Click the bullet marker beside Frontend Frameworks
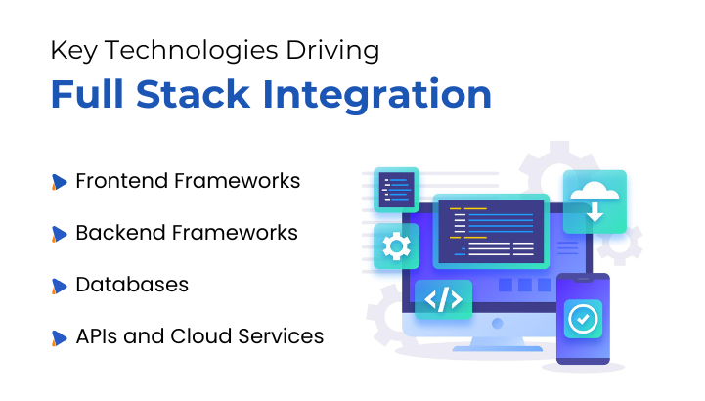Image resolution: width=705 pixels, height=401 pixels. [59, 182]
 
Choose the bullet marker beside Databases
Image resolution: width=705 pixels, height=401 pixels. [59, 287]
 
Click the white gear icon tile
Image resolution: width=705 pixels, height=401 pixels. [396, 245]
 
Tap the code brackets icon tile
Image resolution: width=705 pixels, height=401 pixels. [443, 300]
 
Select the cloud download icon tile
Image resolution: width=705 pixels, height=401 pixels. [595, 201]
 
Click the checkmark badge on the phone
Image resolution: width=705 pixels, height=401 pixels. [583, 320]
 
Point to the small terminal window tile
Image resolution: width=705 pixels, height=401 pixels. [396, 189]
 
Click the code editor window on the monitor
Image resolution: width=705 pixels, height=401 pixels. [490, 231]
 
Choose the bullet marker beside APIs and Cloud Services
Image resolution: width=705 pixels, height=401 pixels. [59, 338]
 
